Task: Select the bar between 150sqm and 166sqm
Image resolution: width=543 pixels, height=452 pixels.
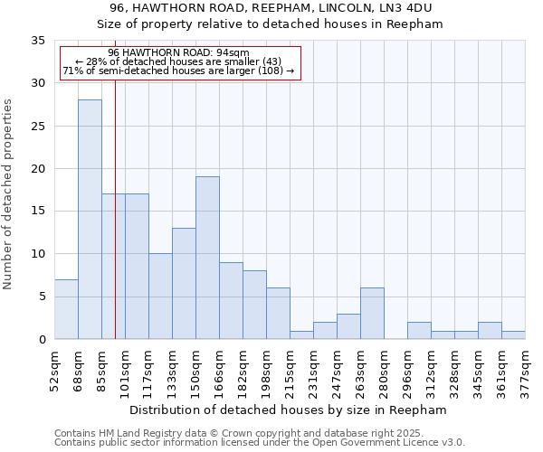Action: [207, 258]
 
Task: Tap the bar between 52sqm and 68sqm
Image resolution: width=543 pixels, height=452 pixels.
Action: [66, 309]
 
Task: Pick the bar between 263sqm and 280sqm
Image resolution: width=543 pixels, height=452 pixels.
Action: [372, 314]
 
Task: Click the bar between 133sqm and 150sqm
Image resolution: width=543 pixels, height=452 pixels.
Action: [184, 284]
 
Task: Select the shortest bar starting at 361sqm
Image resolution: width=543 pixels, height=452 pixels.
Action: [513, 334]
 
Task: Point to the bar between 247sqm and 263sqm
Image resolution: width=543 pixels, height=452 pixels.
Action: [348, 326]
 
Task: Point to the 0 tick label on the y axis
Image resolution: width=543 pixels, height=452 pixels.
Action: [41, 340]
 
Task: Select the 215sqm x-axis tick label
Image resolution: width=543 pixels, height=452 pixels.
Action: [290, 369]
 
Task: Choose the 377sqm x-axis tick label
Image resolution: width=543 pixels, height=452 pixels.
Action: [525, 369]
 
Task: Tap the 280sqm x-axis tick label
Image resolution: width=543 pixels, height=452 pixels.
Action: [384, 369]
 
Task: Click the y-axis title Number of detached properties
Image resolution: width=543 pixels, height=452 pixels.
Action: [9, 194]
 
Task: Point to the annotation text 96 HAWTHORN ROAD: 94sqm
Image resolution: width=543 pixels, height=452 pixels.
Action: [178, 52]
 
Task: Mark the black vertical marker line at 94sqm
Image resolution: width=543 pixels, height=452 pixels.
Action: [115, 226]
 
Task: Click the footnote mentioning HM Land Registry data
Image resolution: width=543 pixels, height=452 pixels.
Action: [259, 433]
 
